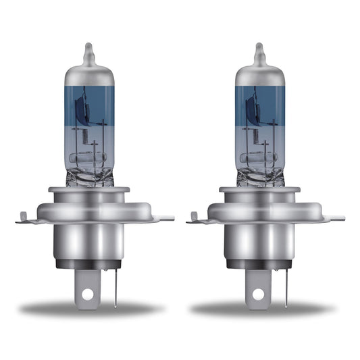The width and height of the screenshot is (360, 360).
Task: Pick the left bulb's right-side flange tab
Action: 165,218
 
